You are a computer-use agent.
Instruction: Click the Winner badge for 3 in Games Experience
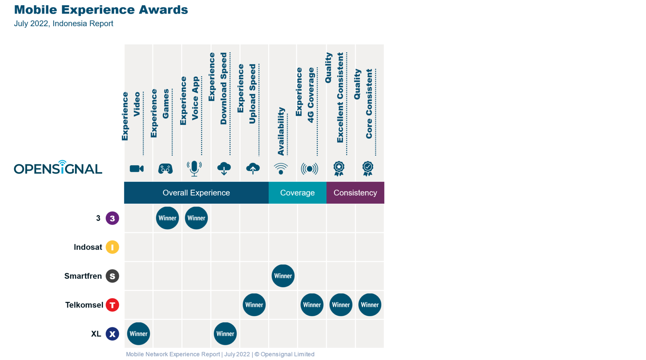167,218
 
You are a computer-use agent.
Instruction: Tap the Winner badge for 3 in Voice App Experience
196,218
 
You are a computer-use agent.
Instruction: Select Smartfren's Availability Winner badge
283,276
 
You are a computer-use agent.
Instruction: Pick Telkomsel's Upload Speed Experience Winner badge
254,305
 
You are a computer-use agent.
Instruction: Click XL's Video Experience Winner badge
138,333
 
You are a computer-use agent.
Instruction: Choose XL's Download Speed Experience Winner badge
225,333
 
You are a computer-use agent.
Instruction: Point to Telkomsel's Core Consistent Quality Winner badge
370,305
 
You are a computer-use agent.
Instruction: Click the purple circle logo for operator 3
112,218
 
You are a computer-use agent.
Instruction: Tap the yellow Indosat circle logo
112,247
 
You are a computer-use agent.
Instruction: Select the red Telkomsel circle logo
112,305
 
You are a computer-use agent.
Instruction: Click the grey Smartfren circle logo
112,276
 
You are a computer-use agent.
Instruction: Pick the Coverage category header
297,192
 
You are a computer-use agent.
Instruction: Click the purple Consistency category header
355,192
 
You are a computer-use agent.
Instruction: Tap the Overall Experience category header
196,192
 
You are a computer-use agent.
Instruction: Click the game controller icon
165,168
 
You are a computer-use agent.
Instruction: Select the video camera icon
137,168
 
